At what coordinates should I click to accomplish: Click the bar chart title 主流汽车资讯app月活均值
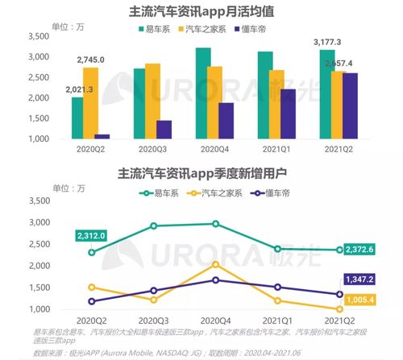point(201,13)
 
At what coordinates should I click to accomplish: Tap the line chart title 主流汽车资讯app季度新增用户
point(201,173)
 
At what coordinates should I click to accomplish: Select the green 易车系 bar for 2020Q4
point(181,93)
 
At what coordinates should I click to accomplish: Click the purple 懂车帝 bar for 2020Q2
point(102,136)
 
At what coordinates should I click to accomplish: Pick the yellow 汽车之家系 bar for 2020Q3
point(152,101)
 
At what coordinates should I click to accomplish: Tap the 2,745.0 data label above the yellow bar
point(91,60)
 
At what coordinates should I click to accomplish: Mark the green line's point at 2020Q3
point(153,226)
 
